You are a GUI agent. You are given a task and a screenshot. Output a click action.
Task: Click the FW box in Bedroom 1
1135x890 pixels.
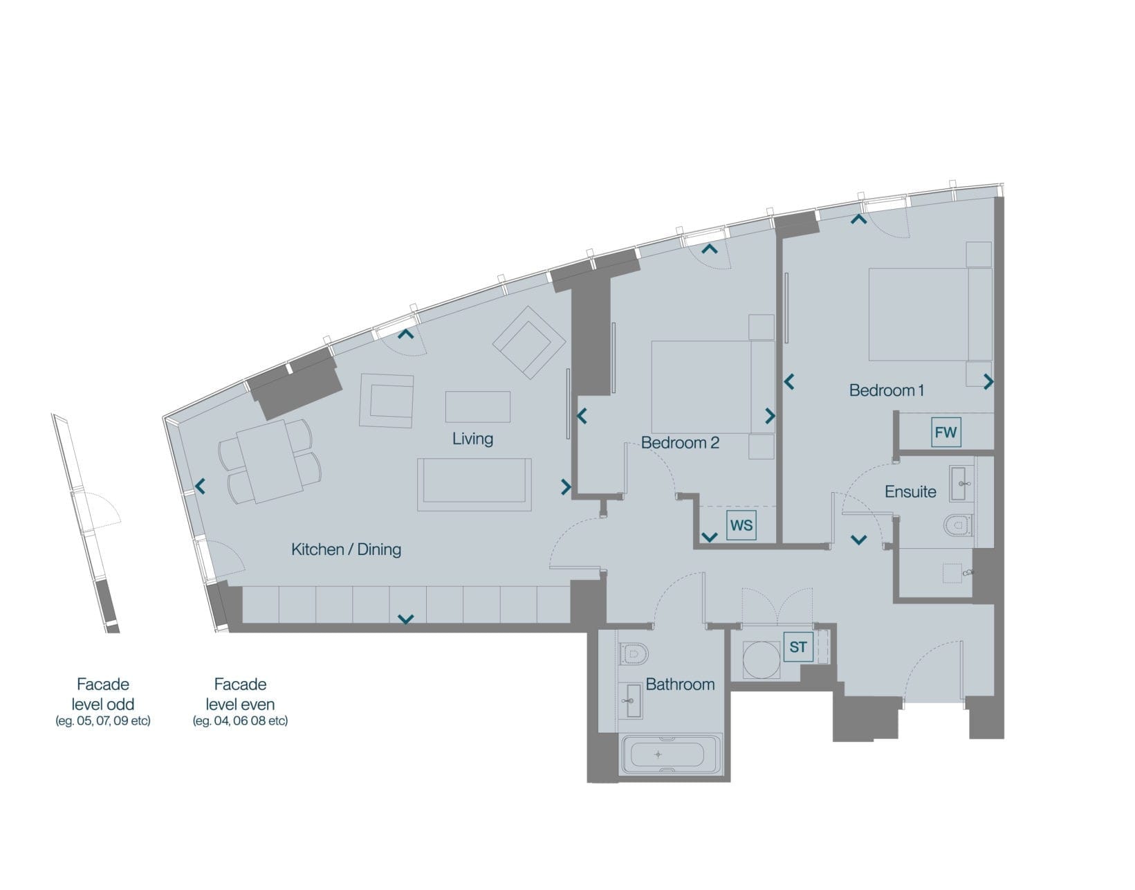pyautogui.click(x=945, y=432)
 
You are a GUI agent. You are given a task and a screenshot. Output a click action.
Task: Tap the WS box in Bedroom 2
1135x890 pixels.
pyautogui.click(x=741, y=525)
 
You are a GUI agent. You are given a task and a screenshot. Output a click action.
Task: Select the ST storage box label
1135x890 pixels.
pyautogui.click(x=798, y=647)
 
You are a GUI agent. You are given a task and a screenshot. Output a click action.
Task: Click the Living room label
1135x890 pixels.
pyautogui.click(x=472, y=439)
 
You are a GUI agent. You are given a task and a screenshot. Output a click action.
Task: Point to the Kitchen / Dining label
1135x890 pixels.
pyautogui.click(x=347, y=550)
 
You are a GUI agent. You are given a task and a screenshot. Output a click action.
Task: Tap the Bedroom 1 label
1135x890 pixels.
pyautogui.click(x=887, y=390)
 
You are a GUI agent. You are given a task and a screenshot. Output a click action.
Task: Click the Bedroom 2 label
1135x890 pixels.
pyautogui.click(x=680, y=443)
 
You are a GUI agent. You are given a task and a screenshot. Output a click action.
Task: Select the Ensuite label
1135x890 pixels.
pyautogui.click(x=910, y=492)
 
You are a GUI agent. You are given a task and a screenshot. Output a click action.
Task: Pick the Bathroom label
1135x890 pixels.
pyautogui.click(x=680, y=684)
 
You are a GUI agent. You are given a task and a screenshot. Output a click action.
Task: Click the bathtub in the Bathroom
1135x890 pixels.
pyautogui.click(x=670, y=754)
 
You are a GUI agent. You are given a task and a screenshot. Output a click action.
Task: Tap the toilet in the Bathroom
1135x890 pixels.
pyautogui.click(x=634, y=653)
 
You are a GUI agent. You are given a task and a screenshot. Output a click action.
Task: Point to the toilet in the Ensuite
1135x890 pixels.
pyautogui.click(x=958, y=525)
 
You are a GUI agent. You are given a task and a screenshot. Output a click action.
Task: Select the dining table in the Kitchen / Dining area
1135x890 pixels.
pyautogui.click(x=269, y=461)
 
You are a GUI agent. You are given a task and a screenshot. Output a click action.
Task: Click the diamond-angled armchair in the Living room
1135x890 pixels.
pyautogui.click(x=528, y=343)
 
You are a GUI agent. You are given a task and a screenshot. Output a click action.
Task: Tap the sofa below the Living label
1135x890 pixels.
pyautogui.click(x=474, y=484)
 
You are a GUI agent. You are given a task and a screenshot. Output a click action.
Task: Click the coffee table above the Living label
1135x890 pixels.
pyautogui.click(x=477, y=406)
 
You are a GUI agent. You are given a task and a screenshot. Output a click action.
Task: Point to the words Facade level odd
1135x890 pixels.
pyautogui.click(x=103, y=694)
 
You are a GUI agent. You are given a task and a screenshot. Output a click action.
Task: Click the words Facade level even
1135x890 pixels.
pyautogui.click(x=240, y=694)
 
